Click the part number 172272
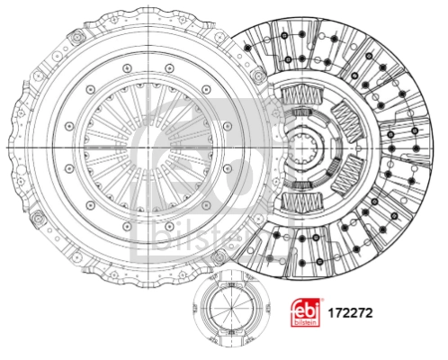pyautogui.click(x=350, y=313)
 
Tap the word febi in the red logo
pyautogui.click(x=305, y=310)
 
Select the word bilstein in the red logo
pyautogui.click(x=305, y=323)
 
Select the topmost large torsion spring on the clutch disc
pyautogui.click(x=302, y=95)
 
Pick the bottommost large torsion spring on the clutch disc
pyautogui.click(x=302, y=202)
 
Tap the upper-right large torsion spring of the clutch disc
pyautogui.click(x=348, y=121)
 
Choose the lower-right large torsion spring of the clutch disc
pyautogui.click(x=348, y=175)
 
